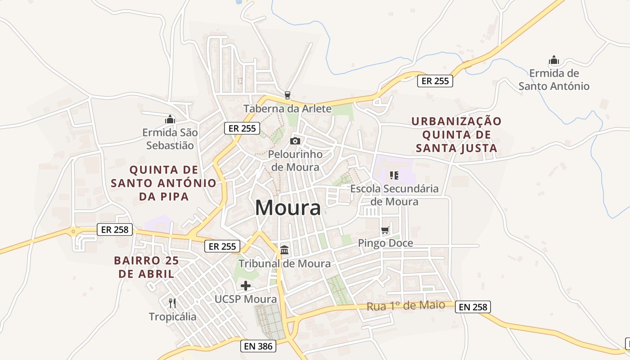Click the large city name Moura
tap(288, 208)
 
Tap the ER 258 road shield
tap(115, 229)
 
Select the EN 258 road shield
tap(472, 307)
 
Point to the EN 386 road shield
tap(258, 346)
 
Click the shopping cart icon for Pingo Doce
tap(385, 231)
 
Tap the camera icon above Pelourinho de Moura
tap(295, 141)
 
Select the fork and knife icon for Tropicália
tap(172, 303)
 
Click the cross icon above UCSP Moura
tap(246, 286)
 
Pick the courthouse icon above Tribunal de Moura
tap(284, 250)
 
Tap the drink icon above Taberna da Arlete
tap(287, 95)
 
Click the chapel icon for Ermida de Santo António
tap(553, 60)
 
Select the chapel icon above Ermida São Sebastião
tap(170, 119)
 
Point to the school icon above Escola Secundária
tap(394, 175)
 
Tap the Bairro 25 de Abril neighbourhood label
tap(146, 267)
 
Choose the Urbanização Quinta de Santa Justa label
tap(456, 135)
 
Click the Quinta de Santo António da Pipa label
tap(163, 183)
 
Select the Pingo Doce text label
tap(385, 243)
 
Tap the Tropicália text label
tap(173, 317)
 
